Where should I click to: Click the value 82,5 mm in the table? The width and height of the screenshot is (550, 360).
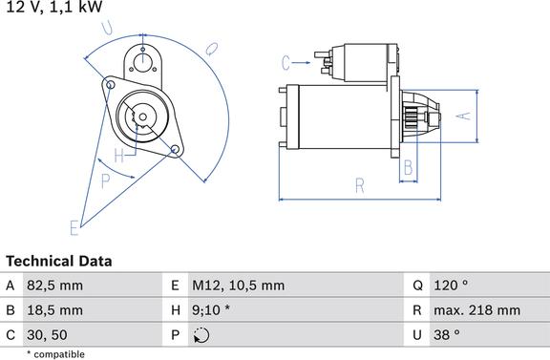pyautogui.click(x=54, y=286)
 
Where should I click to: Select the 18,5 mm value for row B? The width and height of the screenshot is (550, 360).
pyautogui.click(x=54, y=310)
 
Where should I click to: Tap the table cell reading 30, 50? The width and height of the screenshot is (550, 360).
pyautogui.click(x=47, y=335)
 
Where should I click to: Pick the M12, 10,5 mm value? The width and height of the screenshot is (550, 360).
pyautogui.click(x=238, y=286)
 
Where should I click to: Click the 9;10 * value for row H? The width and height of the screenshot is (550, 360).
pyautogui.click(x=211, y=310)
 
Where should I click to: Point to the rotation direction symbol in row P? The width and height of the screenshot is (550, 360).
pyautogui.click(x=201, y=335)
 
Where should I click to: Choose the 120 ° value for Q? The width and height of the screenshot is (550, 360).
pyautogui.click(x=451, y=285)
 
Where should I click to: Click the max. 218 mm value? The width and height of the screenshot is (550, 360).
pyautogui.click(x=477, y=310)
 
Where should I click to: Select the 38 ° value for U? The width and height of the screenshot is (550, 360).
pyautogui.click(x=447, y=335)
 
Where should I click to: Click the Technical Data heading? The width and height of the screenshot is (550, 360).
pyautogui.click(x=59, y=261)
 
